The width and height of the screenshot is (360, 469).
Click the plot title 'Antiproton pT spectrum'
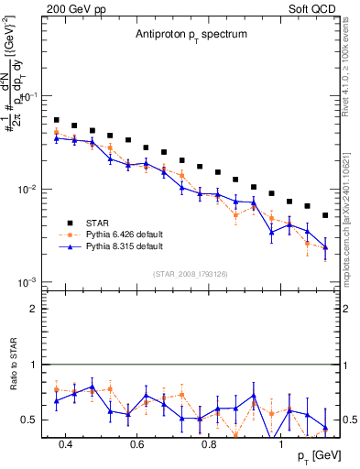(x=180, y=34)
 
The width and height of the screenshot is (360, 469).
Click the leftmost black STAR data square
(x=56, y=120)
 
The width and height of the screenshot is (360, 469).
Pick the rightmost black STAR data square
(x=325, y=215)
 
